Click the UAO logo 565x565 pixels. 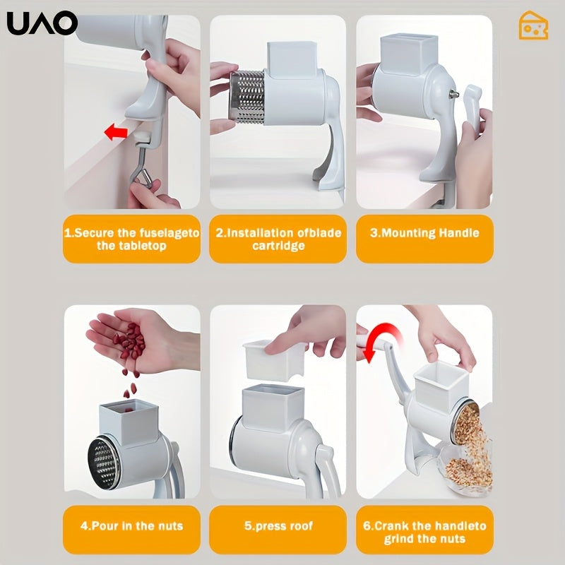click(x=42, y=23)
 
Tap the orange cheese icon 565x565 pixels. click(x=533, y=25)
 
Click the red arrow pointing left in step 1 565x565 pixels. click(x=116, y=132)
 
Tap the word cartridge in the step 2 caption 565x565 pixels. click(x=278, y=246)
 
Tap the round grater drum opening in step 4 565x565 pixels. click(x=104, y=463)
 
